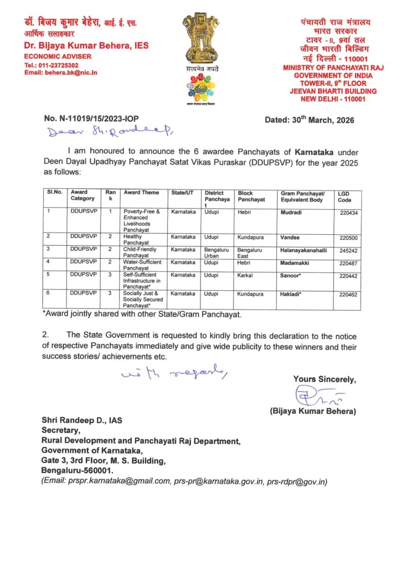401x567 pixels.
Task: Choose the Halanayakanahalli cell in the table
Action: click(x=304, y=250)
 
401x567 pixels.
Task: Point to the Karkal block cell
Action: click(x=245, y=275)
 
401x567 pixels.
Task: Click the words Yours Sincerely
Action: click(x=325, y=379)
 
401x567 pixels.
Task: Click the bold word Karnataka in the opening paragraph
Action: click(x=318, y=151)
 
